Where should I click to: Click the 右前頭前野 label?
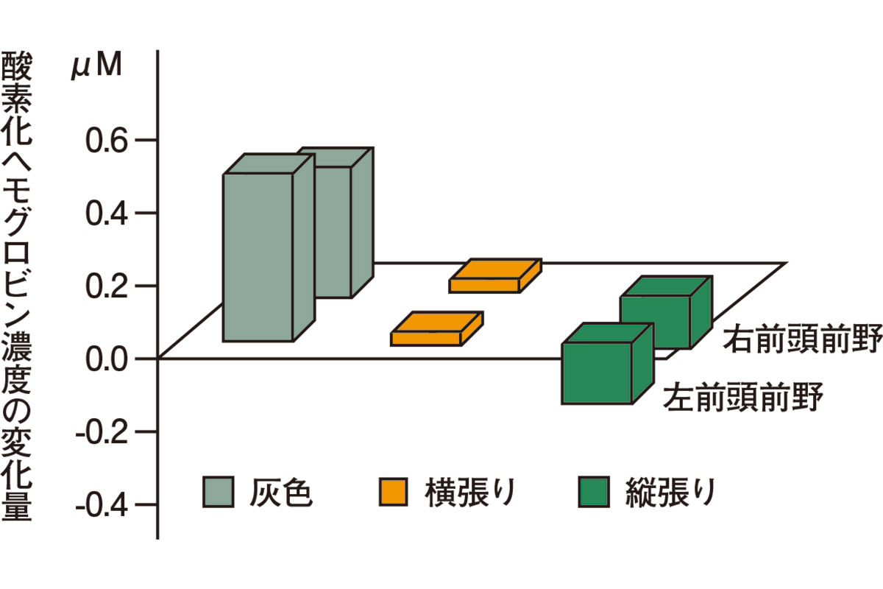801,340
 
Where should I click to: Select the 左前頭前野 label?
742,398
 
